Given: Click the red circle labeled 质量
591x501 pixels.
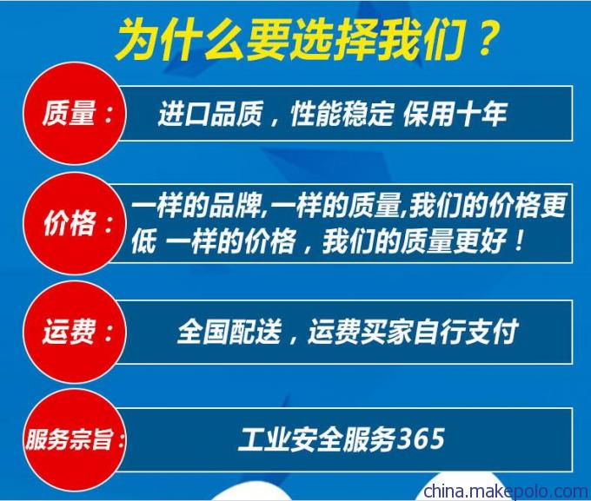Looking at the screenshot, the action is [x=75, y=114].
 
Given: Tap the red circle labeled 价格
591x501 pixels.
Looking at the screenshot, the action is [x=75, y=224].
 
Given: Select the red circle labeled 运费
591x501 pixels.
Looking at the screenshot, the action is [x=75, y=333].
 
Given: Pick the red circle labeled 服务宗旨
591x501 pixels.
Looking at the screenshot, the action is [x=75, y=440].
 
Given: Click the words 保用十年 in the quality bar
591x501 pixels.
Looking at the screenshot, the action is [x=455, y=114].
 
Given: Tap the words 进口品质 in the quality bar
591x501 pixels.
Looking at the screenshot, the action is [x=209, y=114].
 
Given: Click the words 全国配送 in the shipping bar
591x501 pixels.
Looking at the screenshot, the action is [x=229, y=333].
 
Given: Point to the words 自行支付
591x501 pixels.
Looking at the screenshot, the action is [x=465, y=333].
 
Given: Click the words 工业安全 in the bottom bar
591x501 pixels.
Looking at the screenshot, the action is [x=290, y=439].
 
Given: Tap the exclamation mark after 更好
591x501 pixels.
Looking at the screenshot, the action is [x=519, y=241].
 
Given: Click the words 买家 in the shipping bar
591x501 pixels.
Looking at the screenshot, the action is [x=387, y=333].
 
